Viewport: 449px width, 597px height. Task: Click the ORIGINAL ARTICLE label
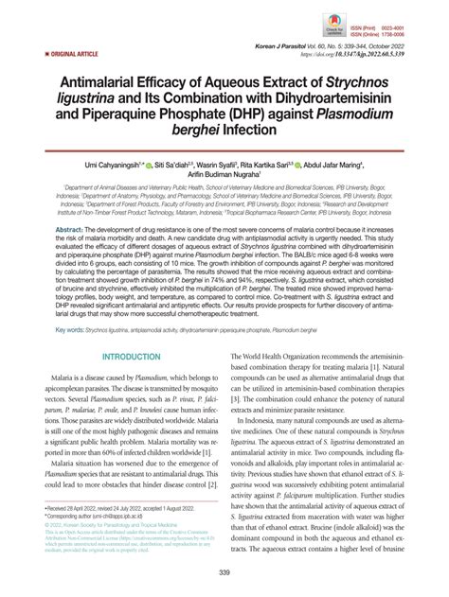point(49,56)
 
